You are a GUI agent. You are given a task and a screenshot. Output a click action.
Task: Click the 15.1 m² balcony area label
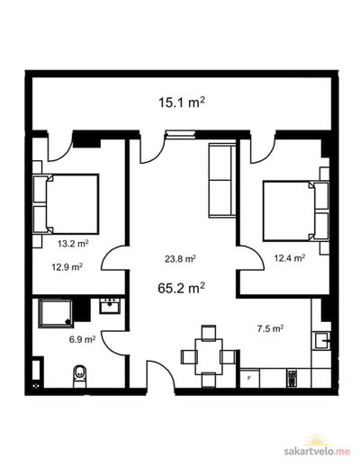[x=182, y=103]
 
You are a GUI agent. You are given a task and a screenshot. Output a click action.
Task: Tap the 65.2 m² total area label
[x=182, y=289]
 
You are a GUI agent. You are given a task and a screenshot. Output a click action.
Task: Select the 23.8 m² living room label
[x=180, y=258]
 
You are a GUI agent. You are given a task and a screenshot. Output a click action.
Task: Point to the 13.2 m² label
[x=73, y=244]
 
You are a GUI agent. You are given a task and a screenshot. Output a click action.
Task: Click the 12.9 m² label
[x=67, y=266]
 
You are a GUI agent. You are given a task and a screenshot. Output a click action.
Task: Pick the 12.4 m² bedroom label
[x=290, y=258]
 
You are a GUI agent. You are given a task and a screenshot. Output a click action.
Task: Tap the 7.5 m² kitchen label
[x=271, y=328]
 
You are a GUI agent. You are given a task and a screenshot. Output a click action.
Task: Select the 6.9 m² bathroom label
[x=82, y=339]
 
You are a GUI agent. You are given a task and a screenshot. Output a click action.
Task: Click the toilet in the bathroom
[x=80, y=376]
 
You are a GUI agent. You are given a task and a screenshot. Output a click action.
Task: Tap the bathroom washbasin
[x=110, y=306]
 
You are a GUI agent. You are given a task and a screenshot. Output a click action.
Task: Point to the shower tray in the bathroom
[x=56, y=313]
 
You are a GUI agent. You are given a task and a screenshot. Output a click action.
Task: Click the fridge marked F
[x=249, y=378]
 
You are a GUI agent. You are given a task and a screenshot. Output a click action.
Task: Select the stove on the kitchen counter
[x=292, y=378]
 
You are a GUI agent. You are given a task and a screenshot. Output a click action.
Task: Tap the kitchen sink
[x=322, y=341]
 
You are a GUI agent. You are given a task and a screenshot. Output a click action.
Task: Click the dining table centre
[x=209, y=356]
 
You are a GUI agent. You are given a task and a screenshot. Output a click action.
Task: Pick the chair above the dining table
[x=209, y=332]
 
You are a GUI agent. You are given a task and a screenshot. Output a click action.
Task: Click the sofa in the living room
[x=222, y=180]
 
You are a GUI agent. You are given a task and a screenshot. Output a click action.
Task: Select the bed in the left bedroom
[x=66, y=204]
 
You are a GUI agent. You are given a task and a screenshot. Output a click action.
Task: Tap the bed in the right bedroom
[x=295, y=211]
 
